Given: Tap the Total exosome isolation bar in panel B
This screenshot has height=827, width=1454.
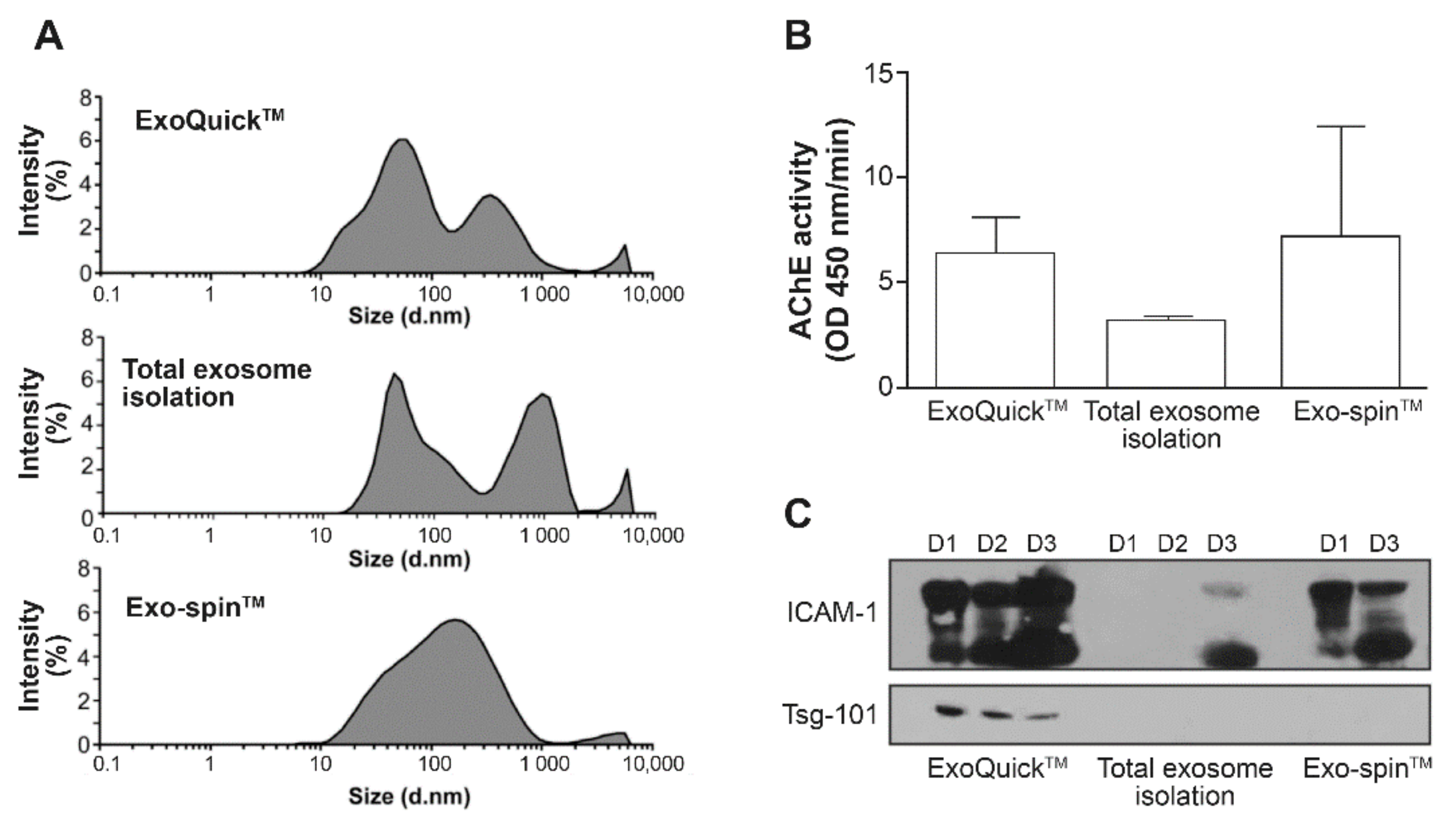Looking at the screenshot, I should [1165, 353].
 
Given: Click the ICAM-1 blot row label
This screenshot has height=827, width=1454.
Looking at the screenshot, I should [832, 613].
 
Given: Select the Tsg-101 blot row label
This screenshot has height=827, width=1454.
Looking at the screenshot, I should [830, 714].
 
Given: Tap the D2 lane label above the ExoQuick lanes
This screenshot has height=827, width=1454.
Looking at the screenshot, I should [991, 544].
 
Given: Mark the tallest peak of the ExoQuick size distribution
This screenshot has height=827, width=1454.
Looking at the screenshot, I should [402, 140].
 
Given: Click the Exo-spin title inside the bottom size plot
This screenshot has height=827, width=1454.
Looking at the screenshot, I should [195, 607].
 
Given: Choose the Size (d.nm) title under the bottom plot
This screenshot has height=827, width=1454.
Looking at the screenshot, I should [409, 796].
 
